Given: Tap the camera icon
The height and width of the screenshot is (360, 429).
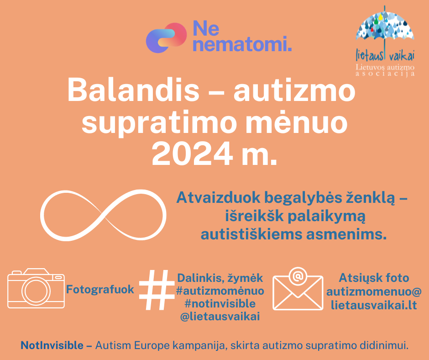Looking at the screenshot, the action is point(36,288).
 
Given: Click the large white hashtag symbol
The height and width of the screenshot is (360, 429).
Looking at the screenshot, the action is point(157,290).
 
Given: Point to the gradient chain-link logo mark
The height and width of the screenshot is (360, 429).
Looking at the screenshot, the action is point(166,37).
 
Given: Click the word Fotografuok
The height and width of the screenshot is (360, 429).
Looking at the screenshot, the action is point(100,289).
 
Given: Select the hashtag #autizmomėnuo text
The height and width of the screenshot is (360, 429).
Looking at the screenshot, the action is point(220,291).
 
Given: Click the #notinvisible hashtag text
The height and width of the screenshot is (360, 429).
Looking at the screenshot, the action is point(220,303).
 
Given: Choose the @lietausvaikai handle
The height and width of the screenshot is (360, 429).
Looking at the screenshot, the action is point(220,317).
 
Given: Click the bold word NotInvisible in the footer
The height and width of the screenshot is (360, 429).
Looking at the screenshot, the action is point(52,345).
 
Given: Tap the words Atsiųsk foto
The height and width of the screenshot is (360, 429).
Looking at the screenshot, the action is point(374,278).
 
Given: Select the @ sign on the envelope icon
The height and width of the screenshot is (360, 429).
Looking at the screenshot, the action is point(298,276).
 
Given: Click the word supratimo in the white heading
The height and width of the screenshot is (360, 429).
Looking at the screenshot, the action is point(159,124).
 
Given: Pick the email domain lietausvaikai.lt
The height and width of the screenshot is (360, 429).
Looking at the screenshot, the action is point(374,305).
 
